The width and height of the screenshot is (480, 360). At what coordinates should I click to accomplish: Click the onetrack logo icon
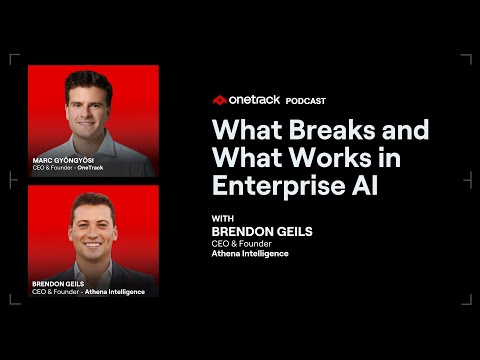point(219,100)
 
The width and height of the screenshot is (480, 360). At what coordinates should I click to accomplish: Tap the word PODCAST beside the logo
point(305,100)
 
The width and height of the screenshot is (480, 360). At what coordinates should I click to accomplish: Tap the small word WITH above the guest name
point(223,217)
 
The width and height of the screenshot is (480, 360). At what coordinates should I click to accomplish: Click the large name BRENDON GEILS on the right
point(262,231)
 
